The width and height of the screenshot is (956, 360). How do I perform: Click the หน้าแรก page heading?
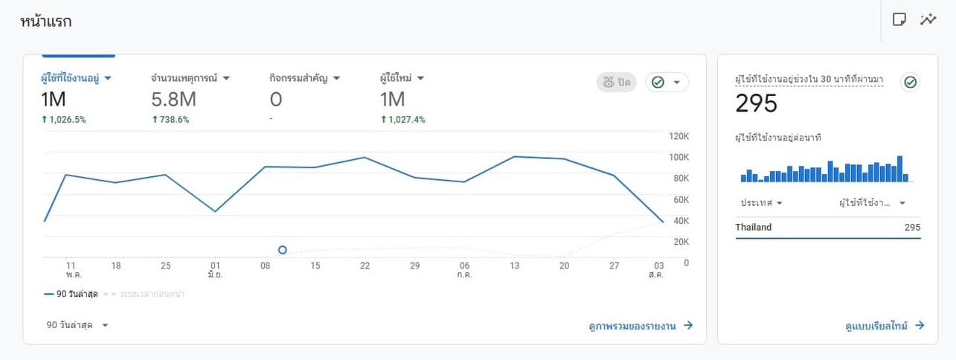click(46, 22)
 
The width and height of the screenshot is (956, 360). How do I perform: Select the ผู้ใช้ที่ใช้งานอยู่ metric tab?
click(76, 78)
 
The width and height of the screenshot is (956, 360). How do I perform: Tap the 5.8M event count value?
click(173, 100)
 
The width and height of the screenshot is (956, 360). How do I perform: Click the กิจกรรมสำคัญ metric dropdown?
click(304, 78)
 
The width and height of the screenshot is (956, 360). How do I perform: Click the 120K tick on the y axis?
click(678, 136)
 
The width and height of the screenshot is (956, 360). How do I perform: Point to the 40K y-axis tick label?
click(680, 221)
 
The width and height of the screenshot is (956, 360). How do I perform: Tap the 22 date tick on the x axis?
click(365, 266)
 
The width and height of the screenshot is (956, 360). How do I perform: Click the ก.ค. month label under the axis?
click(464, 274)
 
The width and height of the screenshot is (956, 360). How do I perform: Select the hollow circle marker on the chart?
click(283, 250)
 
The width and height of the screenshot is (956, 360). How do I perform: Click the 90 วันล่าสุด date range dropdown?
click(77, 325)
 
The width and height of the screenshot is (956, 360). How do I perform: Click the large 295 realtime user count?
click(756, 103)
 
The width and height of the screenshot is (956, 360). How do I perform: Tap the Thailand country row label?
click(754, 228)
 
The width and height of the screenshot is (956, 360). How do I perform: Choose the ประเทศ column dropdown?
click(761, 203)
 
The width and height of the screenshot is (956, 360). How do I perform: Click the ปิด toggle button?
click(617, 83)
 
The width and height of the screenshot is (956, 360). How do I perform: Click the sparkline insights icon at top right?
click(928, 20)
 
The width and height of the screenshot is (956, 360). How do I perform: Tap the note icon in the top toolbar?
click(899, 20)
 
